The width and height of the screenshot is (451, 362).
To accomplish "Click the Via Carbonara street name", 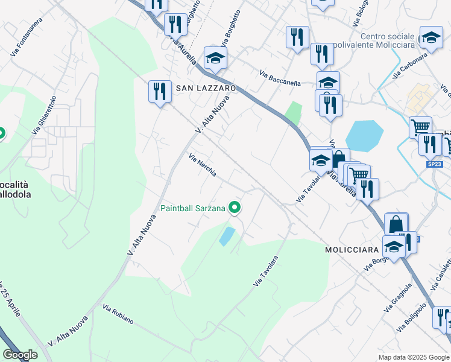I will tap(409, 65).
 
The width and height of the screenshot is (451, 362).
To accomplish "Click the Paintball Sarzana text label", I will tap(193, 209).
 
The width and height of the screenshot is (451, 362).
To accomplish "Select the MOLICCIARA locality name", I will tap(352, 249).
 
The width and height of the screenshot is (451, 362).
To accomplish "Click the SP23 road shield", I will tap(434, 164).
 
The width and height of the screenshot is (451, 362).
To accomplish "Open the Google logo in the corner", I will tap(20, 355).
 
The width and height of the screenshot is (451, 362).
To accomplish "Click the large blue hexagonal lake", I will tap(364, 136).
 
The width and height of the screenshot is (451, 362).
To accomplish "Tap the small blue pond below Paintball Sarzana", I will tap(226, 236).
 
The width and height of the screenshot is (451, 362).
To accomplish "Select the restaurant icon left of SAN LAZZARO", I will tap(160, 92).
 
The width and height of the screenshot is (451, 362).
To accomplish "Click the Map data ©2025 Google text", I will tap(413, 357).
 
